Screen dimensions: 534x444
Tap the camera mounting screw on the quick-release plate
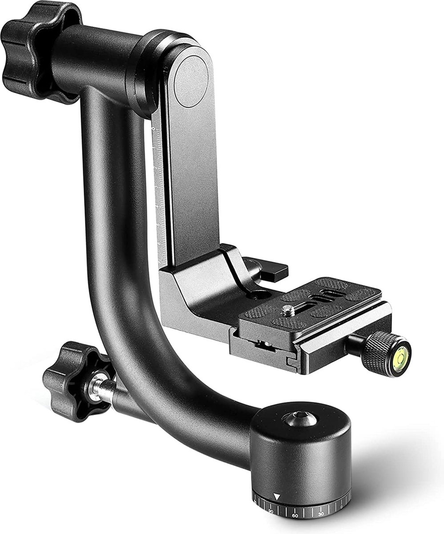pyautogui.click(x=288, y=310)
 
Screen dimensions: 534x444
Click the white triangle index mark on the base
pyautogui.click(x=277, y=497)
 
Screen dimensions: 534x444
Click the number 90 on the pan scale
pyautogui.click(x=270, y=512)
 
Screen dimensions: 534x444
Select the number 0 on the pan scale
pyautogui.click(x=342, y=506)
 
